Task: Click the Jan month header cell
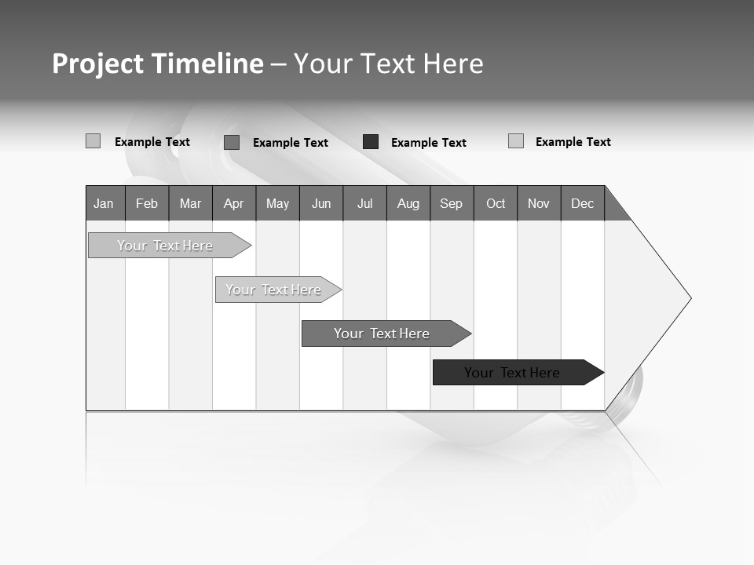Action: click(x=104, y=203)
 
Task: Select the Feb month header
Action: click(x=147, y=203)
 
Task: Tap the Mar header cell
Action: click(x=190, y=203)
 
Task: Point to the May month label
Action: click(x=277, y=203)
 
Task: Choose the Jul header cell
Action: click(x=364, y=203)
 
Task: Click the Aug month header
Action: click(x=408, y=203)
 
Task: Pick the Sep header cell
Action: click(x=452, y=203)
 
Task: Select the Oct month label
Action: click(x=496, y=203)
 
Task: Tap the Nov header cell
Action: click(x=539, y=203)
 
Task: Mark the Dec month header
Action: click(x=583, y=203)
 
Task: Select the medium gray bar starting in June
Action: click(x=382, y=334)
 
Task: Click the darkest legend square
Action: click(x=371, y=142)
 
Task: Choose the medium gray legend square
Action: click(x=232, y=142)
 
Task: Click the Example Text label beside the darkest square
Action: click(x=429, y=143)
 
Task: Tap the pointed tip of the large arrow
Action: click(x=689, y=298)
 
